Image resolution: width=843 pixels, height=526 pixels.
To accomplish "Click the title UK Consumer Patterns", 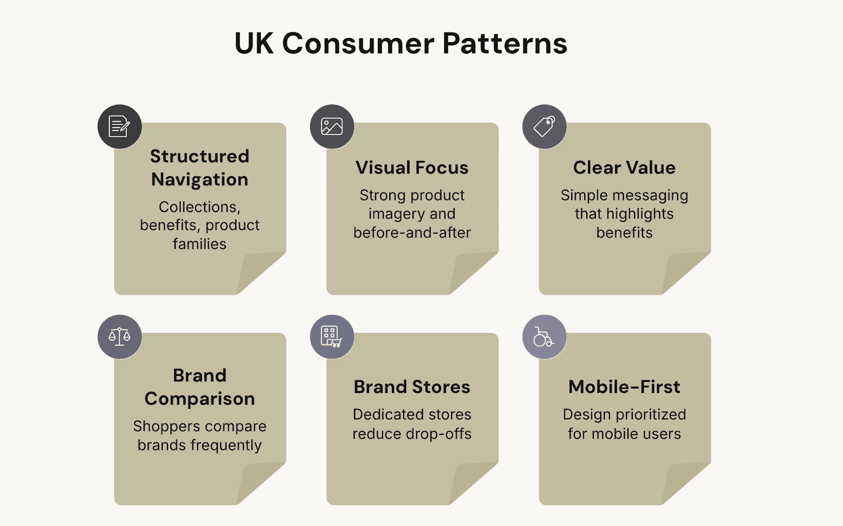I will [400, 43].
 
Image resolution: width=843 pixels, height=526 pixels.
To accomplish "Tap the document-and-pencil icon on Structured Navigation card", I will [120, 127].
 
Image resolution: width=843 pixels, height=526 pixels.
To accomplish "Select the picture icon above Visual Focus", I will [332, 127].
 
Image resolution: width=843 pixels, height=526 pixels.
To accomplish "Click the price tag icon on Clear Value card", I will [544, 127].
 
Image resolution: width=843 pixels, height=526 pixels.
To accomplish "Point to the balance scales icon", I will [120, 337].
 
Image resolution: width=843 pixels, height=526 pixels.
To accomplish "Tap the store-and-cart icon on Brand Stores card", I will [332, 337].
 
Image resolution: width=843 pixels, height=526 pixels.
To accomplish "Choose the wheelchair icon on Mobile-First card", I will [544, 337].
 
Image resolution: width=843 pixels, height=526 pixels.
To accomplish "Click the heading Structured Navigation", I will [200, 168].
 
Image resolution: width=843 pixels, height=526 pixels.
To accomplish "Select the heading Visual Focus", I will [412, 168].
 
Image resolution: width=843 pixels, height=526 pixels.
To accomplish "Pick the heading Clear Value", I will [624, 168].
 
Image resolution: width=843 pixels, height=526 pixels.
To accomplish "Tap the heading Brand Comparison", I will [200, 387].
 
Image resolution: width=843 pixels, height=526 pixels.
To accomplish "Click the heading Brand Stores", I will [412, 387].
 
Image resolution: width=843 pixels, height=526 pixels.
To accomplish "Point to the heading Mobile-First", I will [624, 387].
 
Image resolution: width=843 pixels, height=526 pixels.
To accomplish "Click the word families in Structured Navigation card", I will [200, 244].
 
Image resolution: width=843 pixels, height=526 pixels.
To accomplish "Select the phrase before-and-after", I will [412, 233].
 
